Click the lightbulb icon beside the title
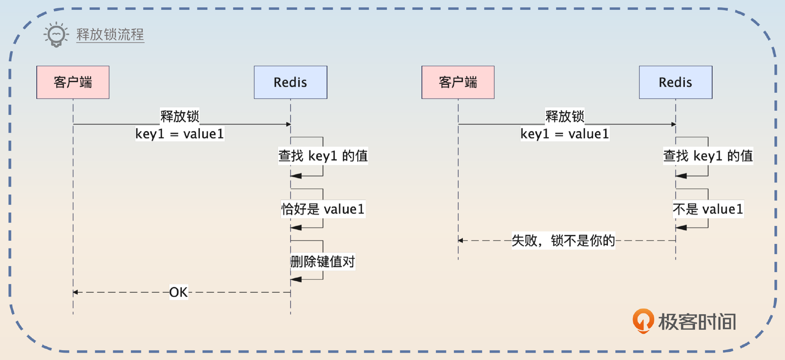56,35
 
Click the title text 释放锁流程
110,35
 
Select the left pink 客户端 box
73,82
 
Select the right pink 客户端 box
458,82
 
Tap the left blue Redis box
290,82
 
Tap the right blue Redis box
675,82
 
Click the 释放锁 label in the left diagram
179,116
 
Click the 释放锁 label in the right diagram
565,116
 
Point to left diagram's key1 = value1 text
179,134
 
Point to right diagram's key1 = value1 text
565,134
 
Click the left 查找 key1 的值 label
323,156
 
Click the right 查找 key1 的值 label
708,156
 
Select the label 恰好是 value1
323,209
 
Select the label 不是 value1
708,209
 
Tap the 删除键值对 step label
323,262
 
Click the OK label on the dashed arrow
179,292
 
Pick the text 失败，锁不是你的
563,240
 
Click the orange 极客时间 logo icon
643,321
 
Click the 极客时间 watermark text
697,322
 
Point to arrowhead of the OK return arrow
75,292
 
